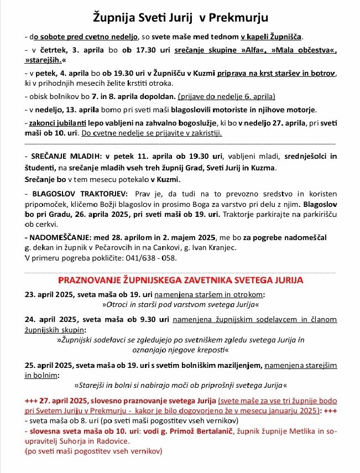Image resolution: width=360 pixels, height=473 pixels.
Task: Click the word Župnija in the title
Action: tap(113, 18)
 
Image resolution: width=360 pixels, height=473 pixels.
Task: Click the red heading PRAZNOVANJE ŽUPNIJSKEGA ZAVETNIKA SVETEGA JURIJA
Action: tap(180, 280)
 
